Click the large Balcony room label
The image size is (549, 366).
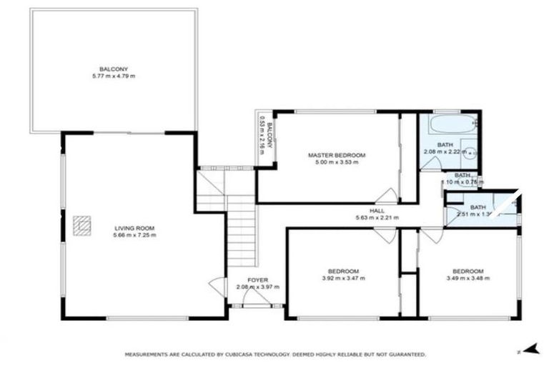pos(114,69)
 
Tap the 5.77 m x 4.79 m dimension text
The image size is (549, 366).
pos(114,76)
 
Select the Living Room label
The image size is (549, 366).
pos(134,228)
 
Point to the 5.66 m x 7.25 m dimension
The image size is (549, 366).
pos(134,235)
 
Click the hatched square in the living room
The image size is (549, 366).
pos(82,225)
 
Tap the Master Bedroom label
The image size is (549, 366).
pos(336,155)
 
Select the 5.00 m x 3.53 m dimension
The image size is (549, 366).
pos(336,162)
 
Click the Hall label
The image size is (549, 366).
pos(376,211)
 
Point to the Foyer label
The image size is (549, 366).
pos(257,280)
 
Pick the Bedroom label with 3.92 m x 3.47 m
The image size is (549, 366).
pos(343,271)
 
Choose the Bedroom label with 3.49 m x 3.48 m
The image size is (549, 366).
pos(468,271)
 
